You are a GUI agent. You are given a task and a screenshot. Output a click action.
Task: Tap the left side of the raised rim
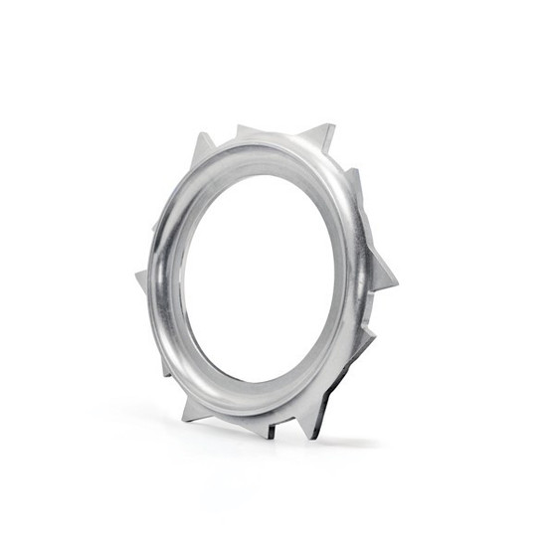165,278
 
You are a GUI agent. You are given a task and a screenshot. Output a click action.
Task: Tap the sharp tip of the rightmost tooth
396,282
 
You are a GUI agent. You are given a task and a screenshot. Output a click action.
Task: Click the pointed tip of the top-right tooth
332,126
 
